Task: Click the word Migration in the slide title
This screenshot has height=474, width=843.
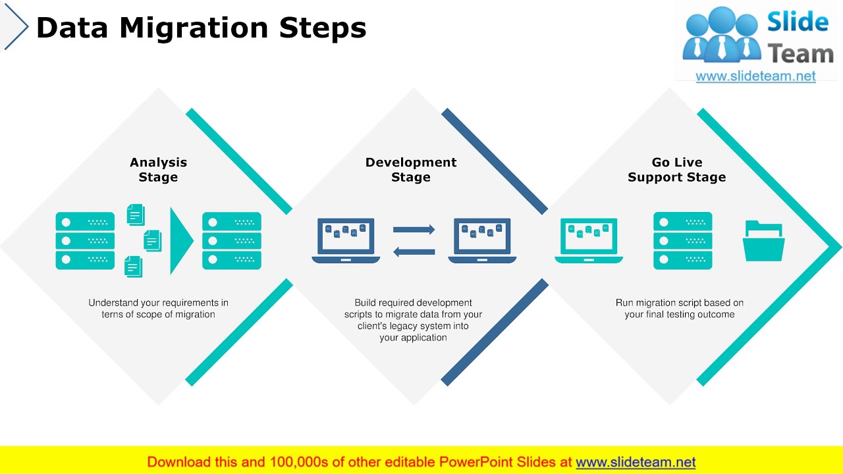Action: pyautogui.click(x=194, y=28)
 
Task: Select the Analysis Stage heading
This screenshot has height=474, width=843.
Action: pyautogui.click(x=158, y=170)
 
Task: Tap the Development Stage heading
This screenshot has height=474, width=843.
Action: pyautogui.click(x=411, y=170)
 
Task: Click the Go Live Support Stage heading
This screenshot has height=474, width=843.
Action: pyautogui.click(x=676, y=170)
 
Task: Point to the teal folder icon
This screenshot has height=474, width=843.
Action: pyautogui.click(x=764, y=241)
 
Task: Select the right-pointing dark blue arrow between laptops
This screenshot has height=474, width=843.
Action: pyautogui.click(x=414, y=230)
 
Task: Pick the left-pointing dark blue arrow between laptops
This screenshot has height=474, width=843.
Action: pyautogui.click(x=414, y=251)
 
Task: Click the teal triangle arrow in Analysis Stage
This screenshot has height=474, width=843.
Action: pyautogui.click(x=180, y=241)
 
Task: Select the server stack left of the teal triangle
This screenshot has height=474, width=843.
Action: pyautogui.click(x=85, y=241)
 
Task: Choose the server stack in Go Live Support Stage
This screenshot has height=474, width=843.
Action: pyautogui.click(x=683, y=241)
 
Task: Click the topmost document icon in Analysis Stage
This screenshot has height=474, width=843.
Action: pyautogui.click(x=135, y=215)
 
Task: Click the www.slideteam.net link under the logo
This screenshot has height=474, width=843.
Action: pyautogui.click(x=755, y=76)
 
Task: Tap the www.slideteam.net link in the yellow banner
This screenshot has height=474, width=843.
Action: pyautogui.click(x=636, y=462)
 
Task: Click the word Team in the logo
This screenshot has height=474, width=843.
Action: pyautogui.click(x=801, y=54)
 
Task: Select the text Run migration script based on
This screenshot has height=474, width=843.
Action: pyautogui.click(x=680, y=303)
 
